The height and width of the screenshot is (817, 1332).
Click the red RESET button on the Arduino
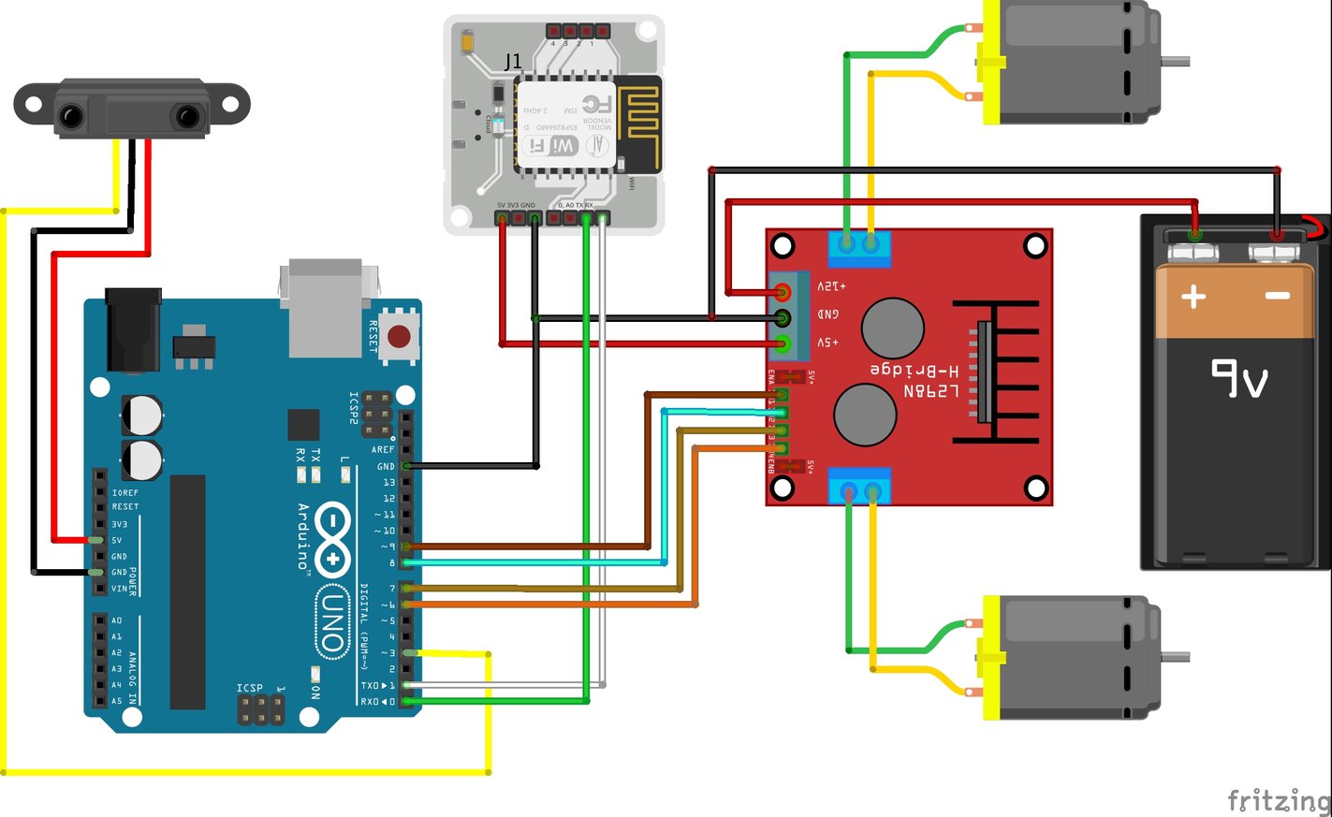click(399, 336)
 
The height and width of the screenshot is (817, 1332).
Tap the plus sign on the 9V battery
click(1193, 298)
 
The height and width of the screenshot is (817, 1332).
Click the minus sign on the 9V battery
click(1278, 296)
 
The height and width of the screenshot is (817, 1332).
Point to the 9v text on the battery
click(1239, 379)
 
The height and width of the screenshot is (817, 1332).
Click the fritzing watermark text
click(1279, 801)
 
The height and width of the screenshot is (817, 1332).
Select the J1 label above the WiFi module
click(513, 63)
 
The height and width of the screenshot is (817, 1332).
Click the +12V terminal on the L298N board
click(783, 293)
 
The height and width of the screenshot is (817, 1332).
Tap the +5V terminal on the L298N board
click(783, 344)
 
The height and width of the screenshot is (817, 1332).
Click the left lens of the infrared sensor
click(71, 117)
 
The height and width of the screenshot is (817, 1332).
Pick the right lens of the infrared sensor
click(188, 117)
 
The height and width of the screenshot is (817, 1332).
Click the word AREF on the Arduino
click(383, 450)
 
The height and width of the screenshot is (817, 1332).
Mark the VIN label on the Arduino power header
click(119, 589)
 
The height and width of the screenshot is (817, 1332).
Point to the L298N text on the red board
click(930, 391)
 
